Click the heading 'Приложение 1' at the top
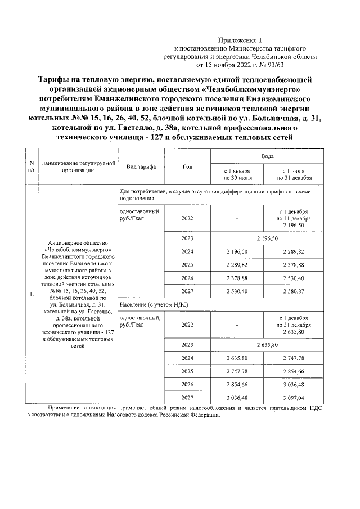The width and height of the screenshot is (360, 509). pos(240,40)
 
